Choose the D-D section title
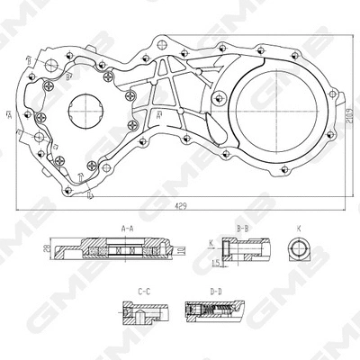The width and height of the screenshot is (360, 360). pyautogui.click(x=217, y=292)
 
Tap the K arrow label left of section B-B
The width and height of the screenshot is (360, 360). pyautogui.click(x=211, y=243)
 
